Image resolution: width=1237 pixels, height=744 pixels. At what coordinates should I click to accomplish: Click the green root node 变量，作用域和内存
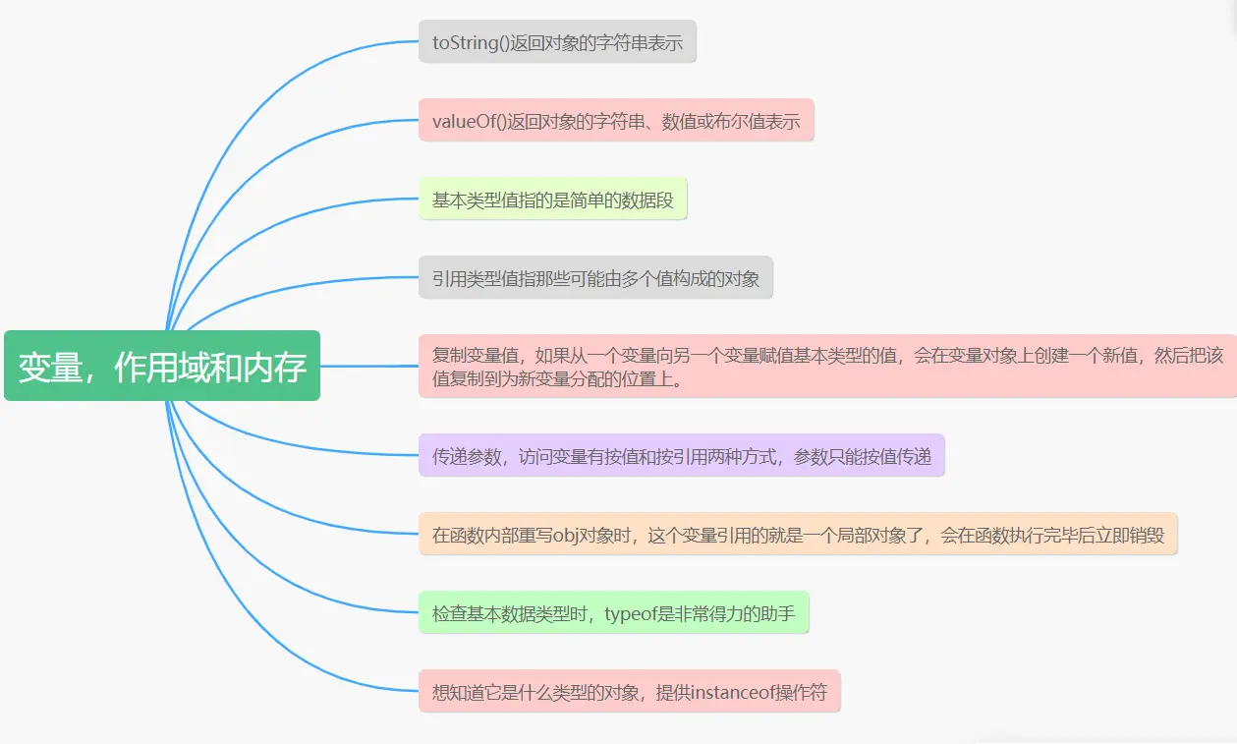click(x=162, y=366)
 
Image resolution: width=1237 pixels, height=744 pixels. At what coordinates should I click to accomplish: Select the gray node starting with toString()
click(x=557, y=42)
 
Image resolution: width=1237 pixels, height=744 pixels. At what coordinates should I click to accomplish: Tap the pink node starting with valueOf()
click(x=616, y=121)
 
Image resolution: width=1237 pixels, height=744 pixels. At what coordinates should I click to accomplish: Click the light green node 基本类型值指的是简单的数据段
click(x=552, y=200)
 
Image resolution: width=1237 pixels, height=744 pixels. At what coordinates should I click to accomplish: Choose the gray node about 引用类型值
click(x=595, y=278)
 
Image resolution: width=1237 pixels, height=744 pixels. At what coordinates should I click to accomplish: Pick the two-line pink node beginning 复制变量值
click(x=826, y=366)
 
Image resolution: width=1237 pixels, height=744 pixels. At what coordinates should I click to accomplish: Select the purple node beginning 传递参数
click(x=681, y=456)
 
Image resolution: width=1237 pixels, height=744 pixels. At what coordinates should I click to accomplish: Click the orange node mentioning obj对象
click(x=798, y=535)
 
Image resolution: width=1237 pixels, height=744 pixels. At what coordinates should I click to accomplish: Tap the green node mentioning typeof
click(x=613, y=613)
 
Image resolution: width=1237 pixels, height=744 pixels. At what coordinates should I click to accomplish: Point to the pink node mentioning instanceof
click(x=629, y=692)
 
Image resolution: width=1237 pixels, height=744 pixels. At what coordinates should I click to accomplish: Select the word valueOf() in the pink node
click(x=468, y=122)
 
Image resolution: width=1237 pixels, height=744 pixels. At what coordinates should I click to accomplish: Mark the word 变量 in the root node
click(x=47, y=367)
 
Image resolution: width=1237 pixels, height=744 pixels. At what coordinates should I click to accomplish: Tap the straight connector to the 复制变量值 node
click(x=368, y=366)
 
